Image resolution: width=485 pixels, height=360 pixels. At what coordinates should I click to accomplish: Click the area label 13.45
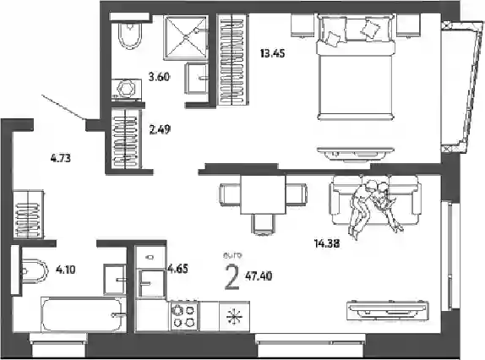click(272, 53)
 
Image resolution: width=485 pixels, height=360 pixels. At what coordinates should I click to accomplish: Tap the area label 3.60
click(159, 76)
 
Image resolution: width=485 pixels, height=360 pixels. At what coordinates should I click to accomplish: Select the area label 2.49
click(160, 129)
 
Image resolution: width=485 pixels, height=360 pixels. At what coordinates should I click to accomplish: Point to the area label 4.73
click(61, 158)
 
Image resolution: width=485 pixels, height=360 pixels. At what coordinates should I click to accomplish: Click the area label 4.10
click(66, 270)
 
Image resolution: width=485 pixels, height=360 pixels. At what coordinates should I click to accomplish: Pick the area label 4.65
click(177, 269)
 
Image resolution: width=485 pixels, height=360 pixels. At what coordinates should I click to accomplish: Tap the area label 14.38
click(327, 243)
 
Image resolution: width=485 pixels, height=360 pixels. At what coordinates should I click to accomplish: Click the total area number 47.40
click(259, 275)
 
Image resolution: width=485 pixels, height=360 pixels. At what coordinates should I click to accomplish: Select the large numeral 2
click(232, 277)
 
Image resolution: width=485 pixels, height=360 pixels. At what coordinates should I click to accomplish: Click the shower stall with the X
click(186, 37)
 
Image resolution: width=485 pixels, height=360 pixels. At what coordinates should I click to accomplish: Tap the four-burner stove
click(184, 315)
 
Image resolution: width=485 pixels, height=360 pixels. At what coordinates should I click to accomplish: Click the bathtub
click(84, 314)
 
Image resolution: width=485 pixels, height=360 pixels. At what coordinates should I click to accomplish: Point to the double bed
click(356, 68)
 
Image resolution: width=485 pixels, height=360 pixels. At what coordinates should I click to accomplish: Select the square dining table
click(263, 194)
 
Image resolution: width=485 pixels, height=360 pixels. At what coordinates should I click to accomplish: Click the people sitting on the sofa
click(374, 205)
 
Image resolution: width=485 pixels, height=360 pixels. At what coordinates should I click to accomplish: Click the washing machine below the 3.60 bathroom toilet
click(127, 90)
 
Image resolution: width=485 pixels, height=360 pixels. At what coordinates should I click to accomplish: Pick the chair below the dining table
click(263, 224)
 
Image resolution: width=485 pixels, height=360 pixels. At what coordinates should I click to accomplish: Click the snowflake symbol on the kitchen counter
click(234, 317)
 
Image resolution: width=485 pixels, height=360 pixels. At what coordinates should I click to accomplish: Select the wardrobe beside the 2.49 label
click(125, 139)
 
